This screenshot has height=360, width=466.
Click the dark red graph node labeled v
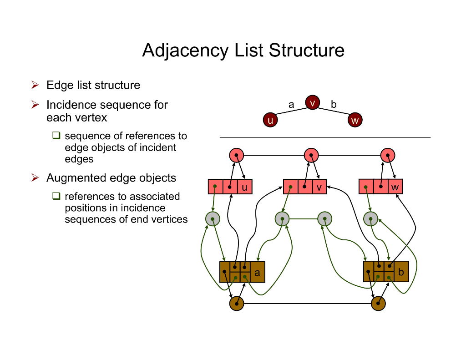point(312,103)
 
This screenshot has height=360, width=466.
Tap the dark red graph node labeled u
point(270,120)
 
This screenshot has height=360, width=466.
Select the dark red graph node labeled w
point(355,120)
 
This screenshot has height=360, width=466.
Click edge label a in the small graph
point(291,105)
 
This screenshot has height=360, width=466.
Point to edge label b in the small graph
point(334,105)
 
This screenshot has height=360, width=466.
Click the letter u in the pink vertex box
point(244,187)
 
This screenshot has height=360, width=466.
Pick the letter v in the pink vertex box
point(319,187)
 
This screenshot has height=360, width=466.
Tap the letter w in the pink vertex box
point(395,187)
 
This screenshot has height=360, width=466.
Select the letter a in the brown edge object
point(257,273)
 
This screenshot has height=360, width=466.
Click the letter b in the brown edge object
point(401,272)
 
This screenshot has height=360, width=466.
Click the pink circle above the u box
point(237,155)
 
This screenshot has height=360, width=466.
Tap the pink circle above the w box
point(388,155)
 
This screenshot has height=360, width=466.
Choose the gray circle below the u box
point(213,219)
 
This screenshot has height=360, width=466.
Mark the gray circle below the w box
point(371,219)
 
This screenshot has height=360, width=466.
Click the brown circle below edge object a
point(237,304)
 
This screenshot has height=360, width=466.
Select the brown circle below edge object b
point(378,304)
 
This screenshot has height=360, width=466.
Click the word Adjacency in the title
point(185,51)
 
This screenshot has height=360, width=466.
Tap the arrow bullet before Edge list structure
point(35,85)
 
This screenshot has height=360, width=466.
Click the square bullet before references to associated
point(56,196)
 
